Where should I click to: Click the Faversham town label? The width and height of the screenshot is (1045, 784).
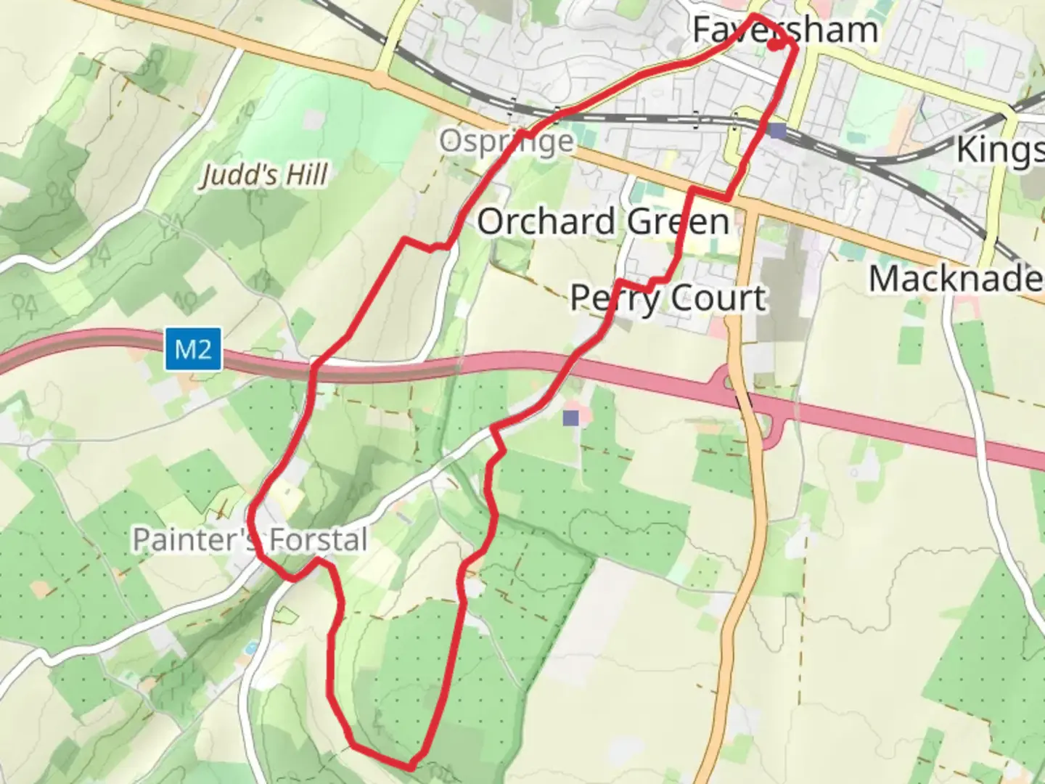(x=785, y=30)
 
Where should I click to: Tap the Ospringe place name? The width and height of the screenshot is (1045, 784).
(x=507, y=141)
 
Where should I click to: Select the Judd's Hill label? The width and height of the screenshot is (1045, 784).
(x=264, y=175)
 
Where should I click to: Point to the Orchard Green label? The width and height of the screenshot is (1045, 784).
(x=603, y=221)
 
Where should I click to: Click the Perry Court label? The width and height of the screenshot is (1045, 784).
(x=668, y=298)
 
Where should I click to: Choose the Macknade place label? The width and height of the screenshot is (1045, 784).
(x=956, y=279)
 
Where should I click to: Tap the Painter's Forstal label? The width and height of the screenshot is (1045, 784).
(x=250, y=540)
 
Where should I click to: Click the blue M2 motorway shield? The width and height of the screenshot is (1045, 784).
(x=193, y=350)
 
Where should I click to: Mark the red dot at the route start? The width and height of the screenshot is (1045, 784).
(x=774, y=45)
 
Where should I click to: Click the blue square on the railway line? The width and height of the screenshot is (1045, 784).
(x=778, y=131)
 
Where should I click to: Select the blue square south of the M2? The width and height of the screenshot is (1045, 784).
(x=571, y=417)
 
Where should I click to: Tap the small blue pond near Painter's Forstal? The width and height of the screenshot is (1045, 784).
(x=251, y=646)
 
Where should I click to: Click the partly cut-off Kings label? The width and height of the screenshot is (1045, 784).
(x=1000, y=150)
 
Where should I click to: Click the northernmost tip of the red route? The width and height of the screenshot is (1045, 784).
(x=755, y=15)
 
